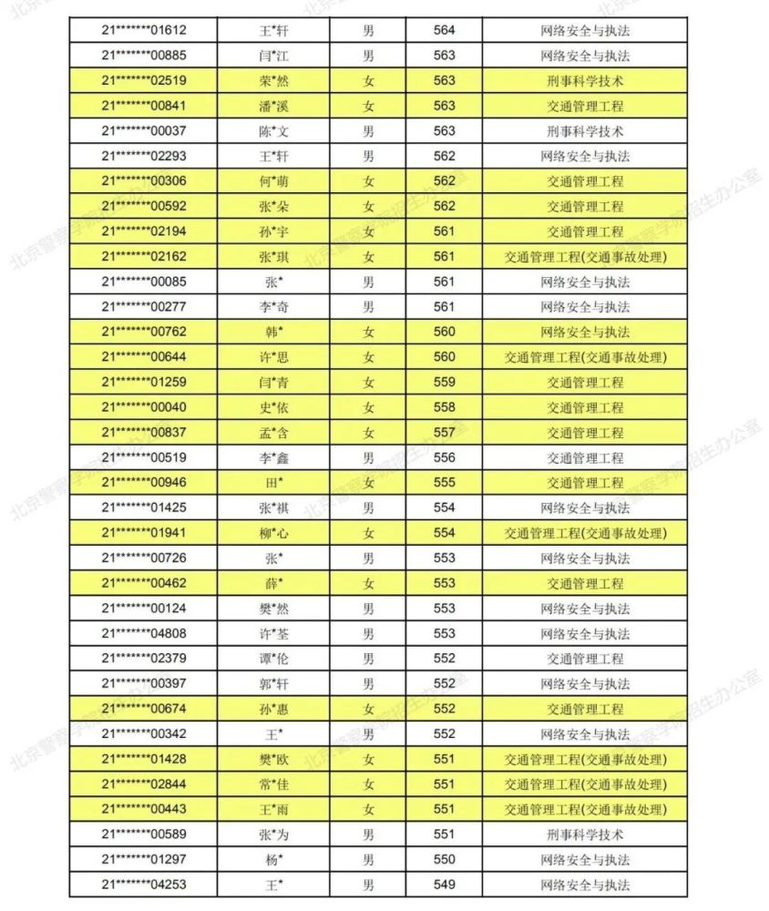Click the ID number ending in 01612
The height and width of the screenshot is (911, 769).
click(144, 30)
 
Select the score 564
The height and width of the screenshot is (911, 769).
click(445, 30)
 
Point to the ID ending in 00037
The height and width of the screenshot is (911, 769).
click(144, 131)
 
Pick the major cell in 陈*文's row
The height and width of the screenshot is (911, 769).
click(585, 131)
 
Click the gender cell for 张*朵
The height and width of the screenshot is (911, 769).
click(368, 207)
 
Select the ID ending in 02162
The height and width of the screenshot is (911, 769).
click(144, 257)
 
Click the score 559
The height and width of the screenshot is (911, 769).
click(445, 383)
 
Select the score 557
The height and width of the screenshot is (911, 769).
click(445, 433)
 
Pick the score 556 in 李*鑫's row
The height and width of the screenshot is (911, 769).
click(445, 457)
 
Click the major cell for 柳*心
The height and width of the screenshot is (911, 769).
click(585, 533)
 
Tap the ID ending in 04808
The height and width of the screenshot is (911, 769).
click(144, 633)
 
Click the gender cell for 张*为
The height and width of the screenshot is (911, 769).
click(368, 834)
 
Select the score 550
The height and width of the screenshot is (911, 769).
click(445, 859)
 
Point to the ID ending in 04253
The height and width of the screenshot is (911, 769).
click(144, 885)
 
